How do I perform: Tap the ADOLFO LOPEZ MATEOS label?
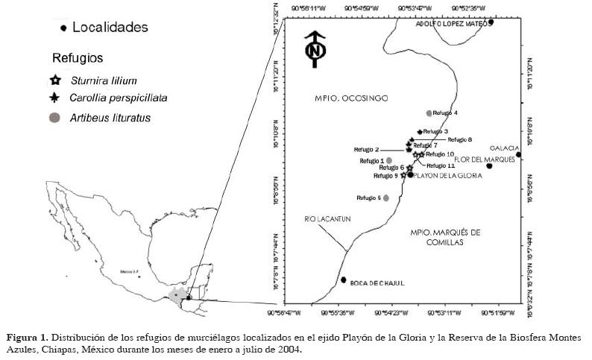pos(450,24)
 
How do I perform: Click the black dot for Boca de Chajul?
pos(344,280)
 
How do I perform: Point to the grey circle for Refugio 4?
pos(429,113)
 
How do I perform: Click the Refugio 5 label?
pos(369,198)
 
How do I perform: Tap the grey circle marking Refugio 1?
pos(389,160)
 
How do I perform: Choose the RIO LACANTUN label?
pos(322,218)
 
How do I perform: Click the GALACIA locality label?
pos(503,148)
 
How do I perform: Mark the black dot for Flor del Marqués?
pos(489,165)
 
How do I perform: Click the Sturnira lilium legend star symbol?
pos(54,80)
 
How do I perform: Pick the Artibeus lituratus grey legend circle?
pos(54,117)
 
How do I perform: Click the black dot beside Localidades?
pos(64,28)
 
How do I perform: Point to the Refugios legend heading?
pos(77,57)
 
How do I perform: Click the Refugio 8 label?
pos(460,139)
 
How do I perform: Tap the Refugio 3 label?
pos(435,131)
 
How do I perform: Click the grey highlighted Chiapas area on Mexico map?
pos(177,295)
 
